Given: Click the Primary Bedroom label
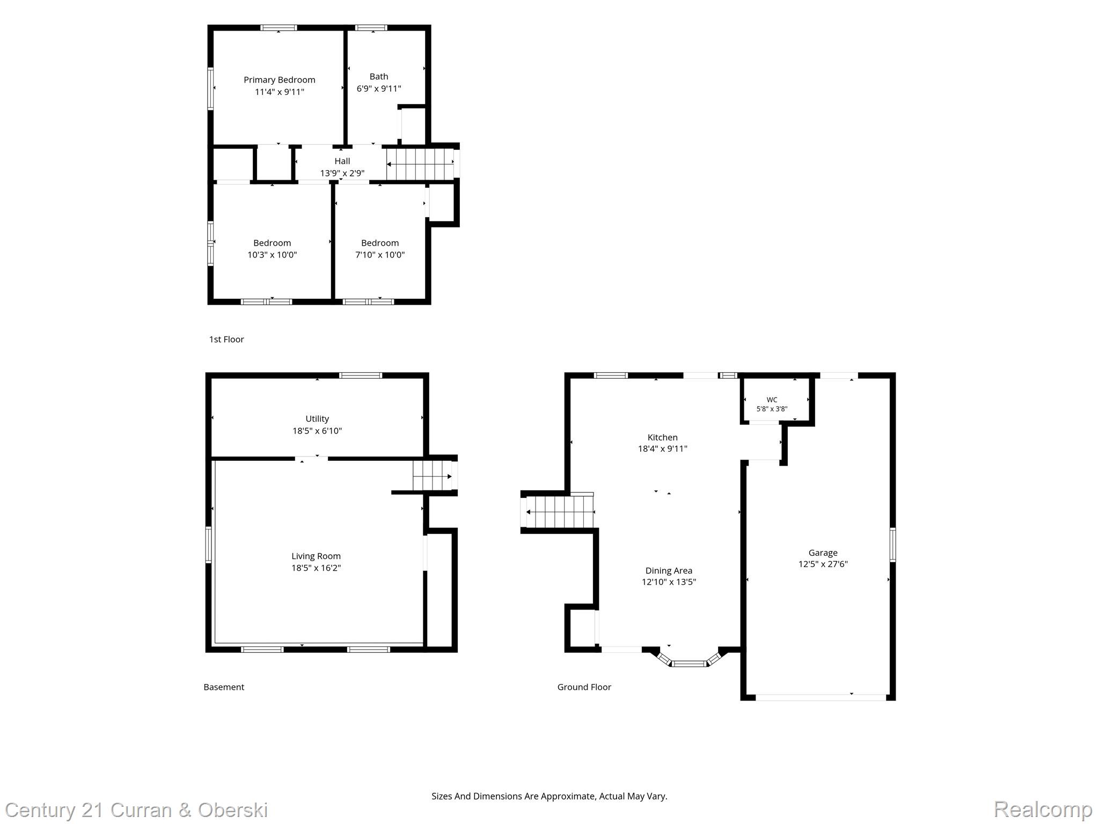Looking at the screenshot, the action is pyautogui.click(x=279, y=80).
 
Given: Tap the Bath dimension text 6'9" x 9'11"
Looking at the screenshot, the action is pyautogui.click(x=379, y=89).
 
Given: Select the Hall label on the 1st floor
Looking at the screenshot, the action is pyautogui.click(x=342, y=161).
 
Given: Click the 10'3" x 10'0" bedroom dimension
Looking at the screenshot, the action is pyautogui.click(x=272, y=255).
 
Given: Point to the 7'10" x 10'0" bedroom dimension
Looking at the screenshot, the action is pyautogui.click(x=380, y=255).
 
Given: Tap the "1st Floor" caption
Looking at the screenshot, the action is pyautogui.click(x=226, y=339).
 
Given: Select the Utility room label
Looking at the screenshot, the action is pyautogui.click(x=317, y=418).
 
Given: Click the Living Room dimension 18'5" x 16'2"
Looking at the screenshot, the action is pyautogui.click(x=316, y=568).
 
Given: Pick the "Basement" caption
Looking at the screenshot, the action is pyautogui.click(x=224, y=687).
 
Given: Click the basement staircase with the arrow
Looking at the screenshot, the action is pyautogui.click(x=433, y=476).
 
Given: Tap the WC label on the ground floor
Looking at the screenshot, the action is pyautogui.click(x=772, y=400).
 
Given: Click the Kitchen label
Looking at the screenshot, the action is pyautogui.click(x=663, y=437).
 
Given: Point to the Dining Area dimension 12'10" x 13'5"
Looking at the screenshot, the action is pyautogui.click(x=669, y=582).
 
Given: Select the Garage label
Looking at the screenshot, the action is pyautogui.click(x=823, y=553).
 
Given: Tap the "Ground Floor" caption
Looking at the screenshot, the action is pyautogui.click(x=584, y=687).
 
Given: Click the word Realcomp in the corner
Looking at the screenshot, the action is pyautogui.click(x=1043, y=810).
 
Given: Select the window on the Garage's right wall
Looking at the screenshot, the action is pyautogui.click(x=892, y=545).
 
